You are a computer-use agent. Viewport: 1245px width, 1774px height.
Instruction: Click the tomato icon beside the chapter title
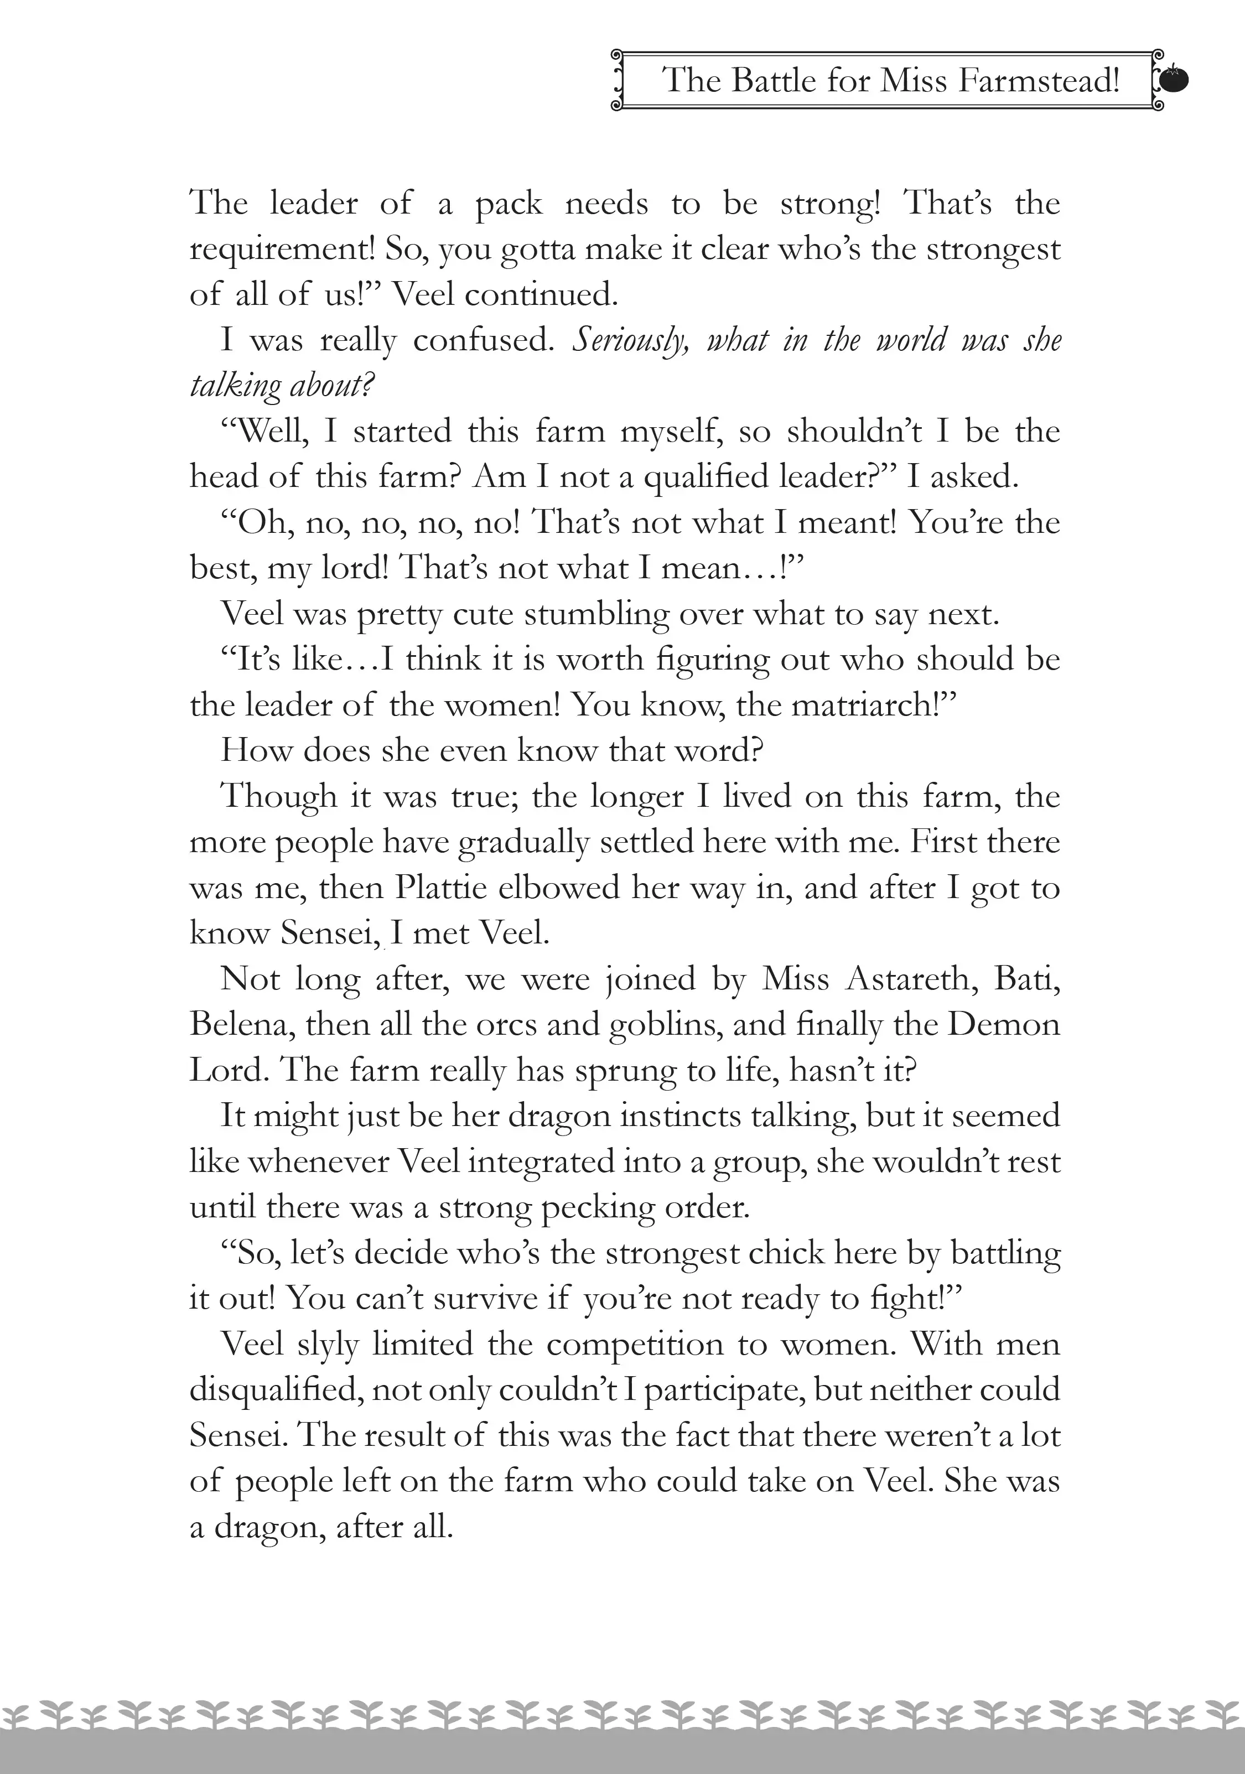1174,80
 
